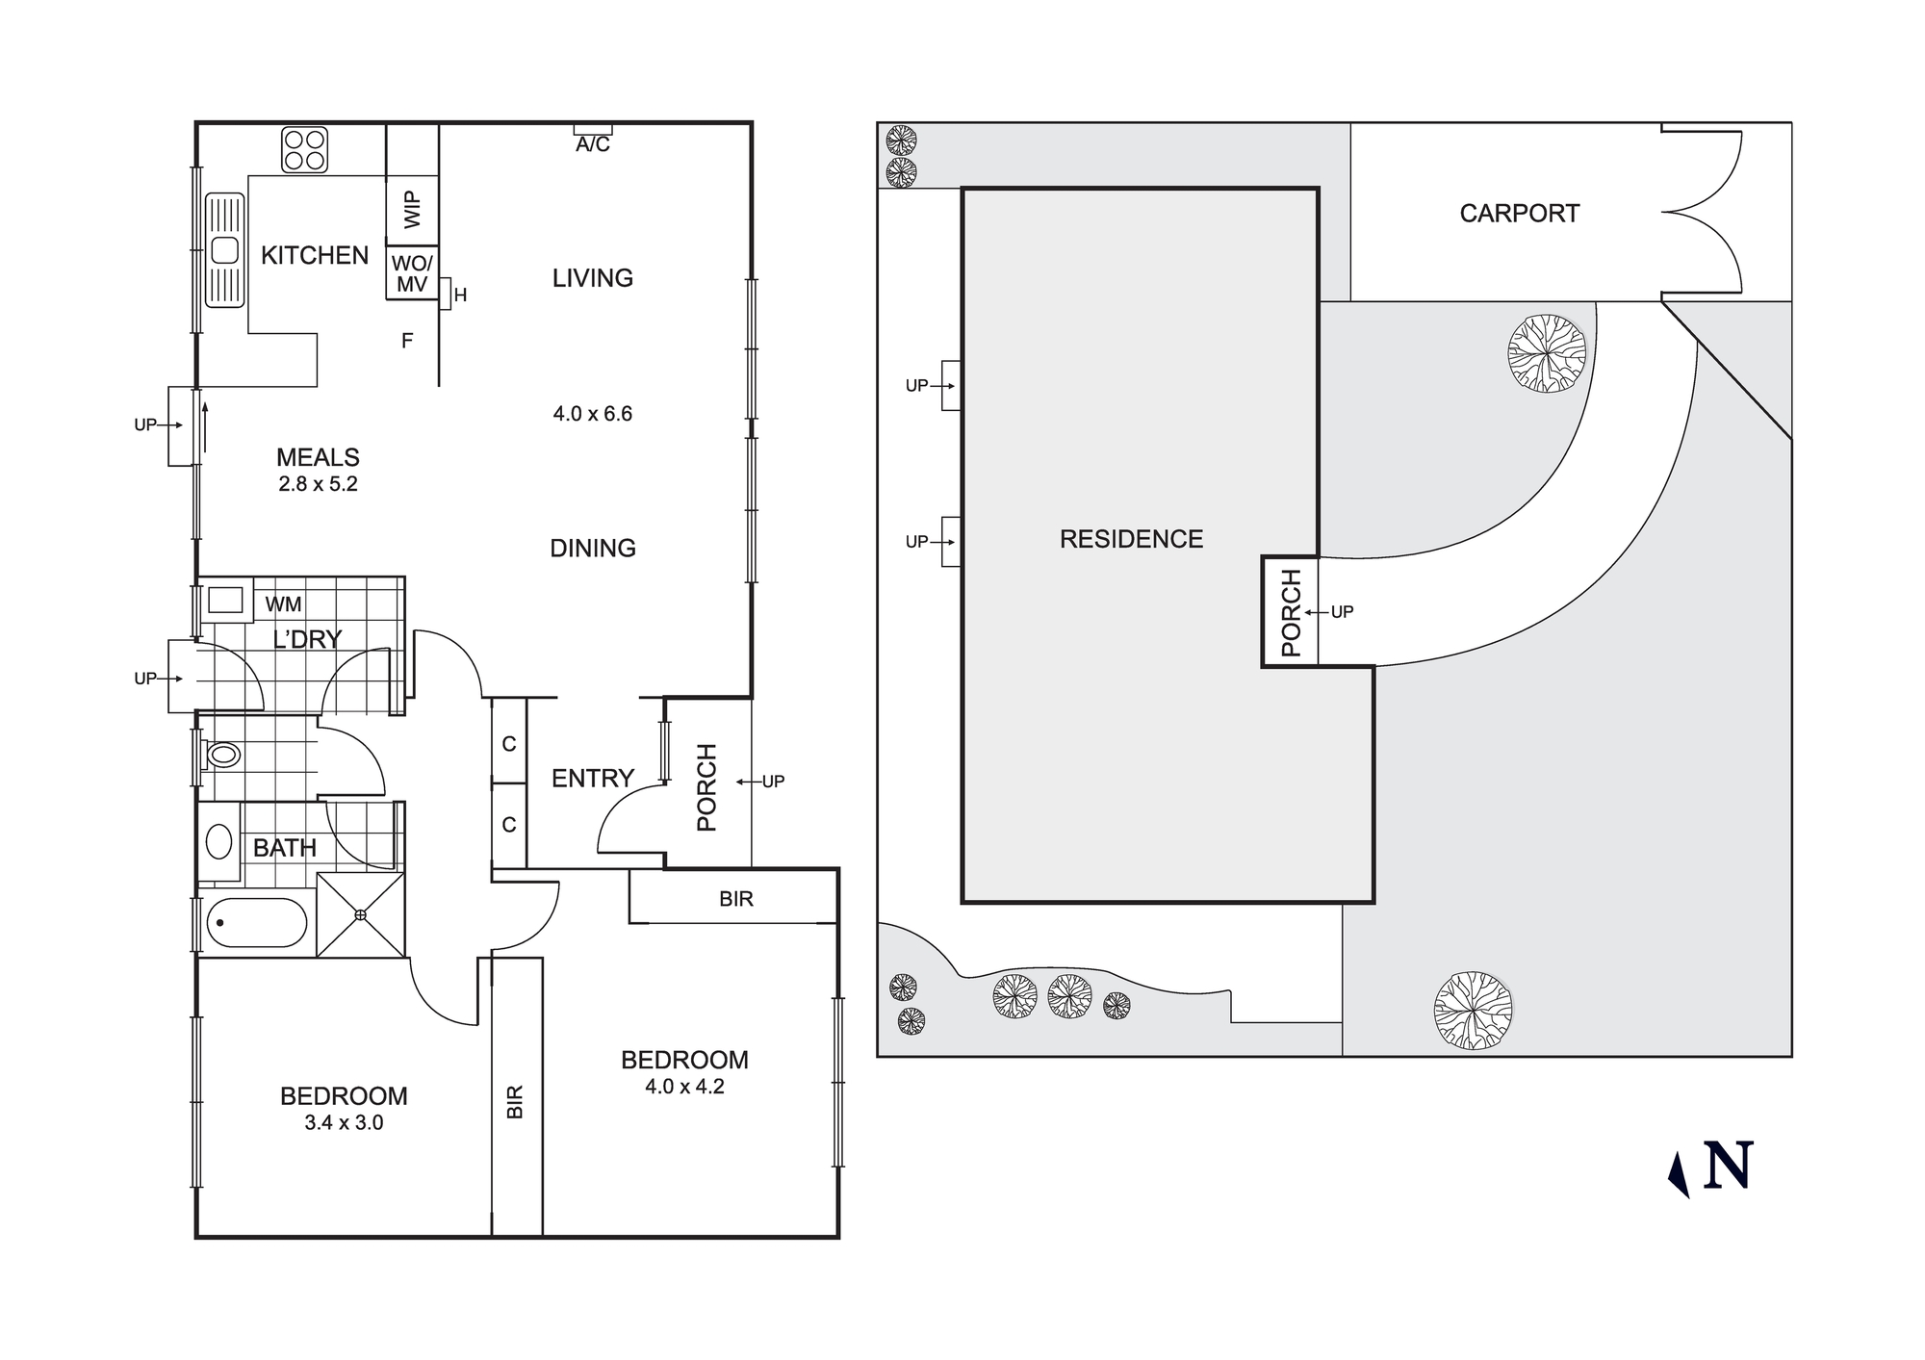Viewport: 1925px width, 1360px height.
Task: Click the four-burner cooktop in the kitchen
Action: click(305, 150)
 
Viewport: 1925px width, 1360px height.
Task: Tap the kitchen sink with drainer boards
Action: click(224, 250)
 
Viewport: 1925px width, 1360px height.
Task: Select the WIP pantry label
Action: click(412, 209)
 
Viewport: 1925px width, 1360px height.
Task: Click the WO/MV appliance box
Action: click(412, 274)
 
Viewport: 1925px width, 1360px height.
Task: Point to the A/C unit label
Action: click(593, 144)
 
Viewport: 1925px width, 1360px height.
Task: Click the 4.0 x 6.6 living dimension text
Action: click(592, 414)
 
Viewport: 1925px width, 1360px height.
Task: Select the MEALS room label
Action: click(318, 457)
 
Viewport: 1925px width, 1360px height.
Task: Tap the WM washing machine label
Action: click(283, 604)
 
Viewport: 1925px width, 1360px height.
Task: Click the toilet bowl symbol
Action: click(222, 755)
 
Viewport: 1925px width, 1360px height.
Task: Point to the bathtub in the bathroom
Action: click(256, 923)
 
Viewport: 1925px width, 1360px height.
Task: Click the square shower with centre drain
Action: click(360, 914)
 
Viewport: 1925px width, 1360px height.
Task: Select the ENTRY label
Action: click(592, 778)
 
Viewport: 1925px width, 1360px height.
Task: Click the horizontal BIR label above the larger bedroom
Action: click(735, 899)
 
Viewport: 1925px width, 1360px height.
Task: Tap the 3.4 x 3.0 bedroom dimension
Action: click(344, 1122)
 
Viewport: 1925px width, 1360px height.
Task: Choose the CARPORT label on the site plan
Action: click(1519, 214)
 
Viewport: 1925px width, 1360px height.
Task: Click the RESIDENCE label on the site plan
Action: click(1131, 539)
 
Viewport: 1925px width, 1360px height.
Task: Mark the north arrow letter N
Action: click(1728, 1166)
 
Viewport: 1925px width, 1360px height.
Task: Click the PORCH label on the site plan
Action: click(1291, 612)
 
